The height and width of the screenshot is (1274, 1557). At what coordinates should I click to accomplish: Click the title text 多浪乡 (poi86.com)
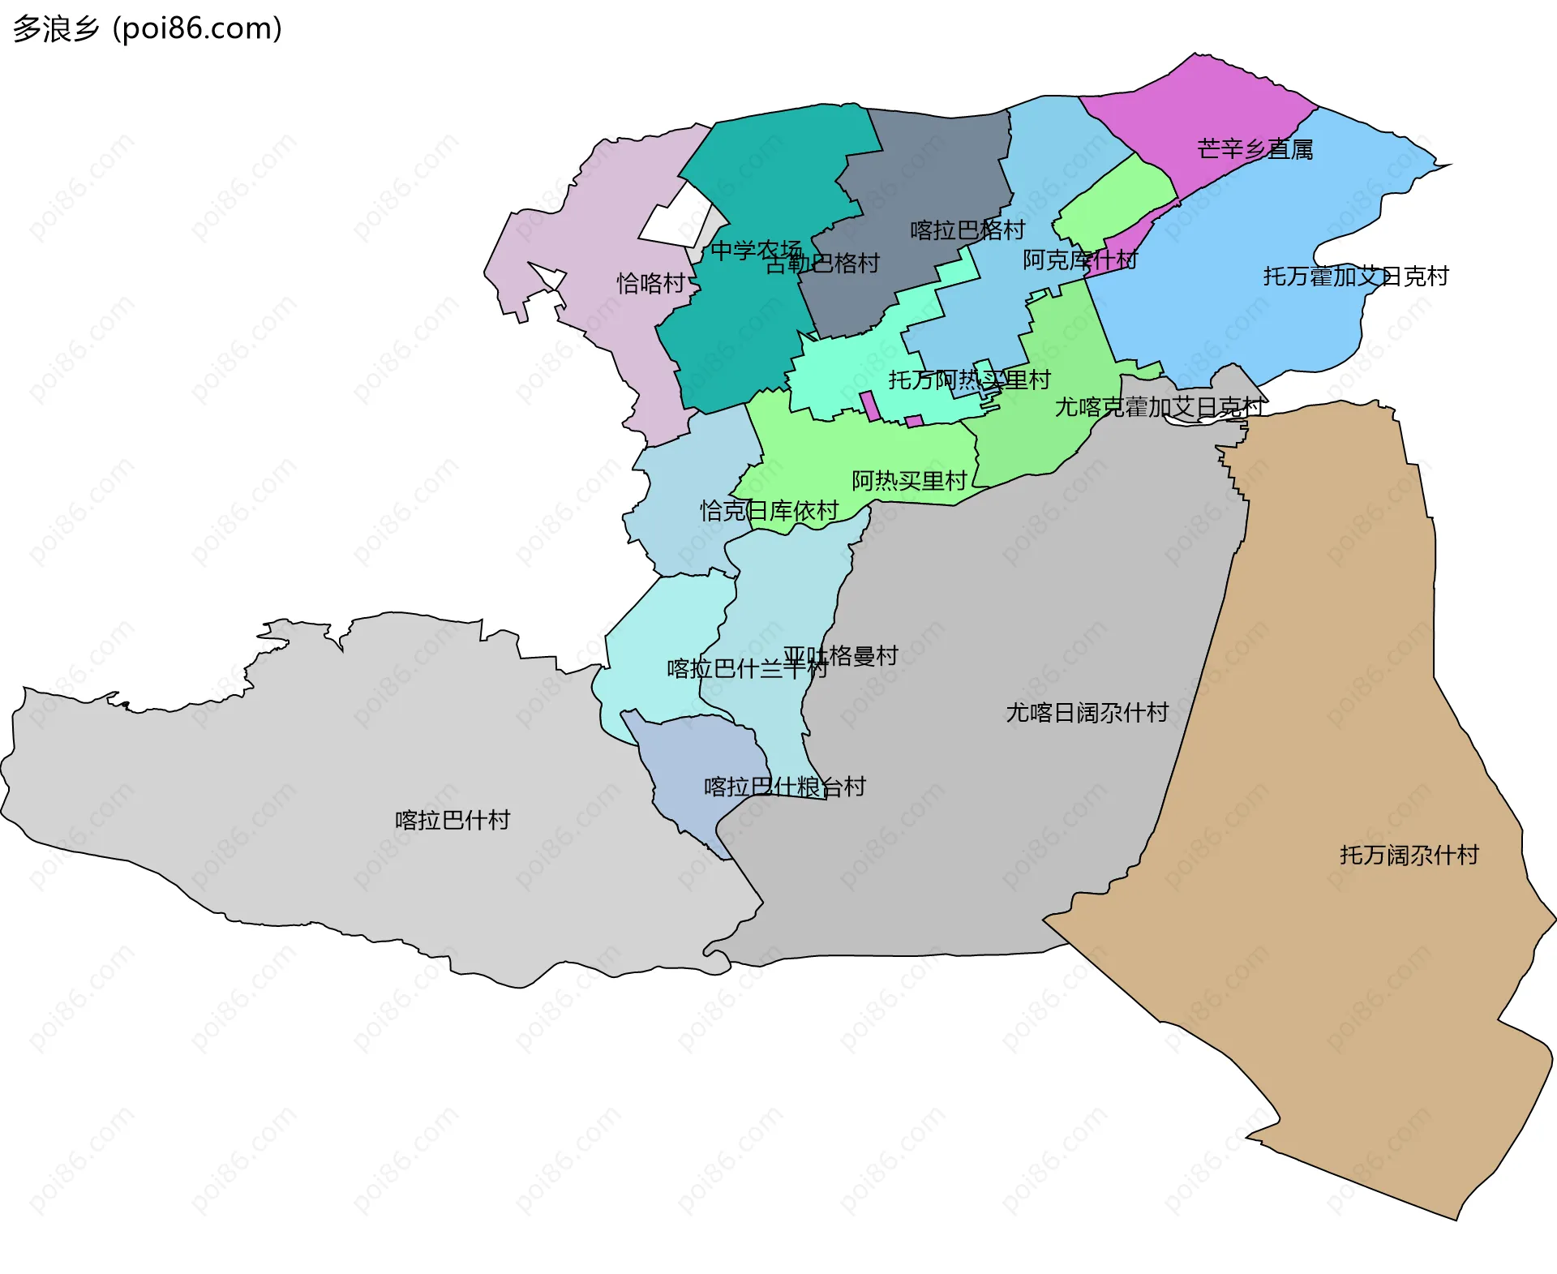148,28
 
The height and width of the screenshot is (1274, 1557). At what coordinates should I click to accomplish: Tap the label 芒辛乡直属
1255,149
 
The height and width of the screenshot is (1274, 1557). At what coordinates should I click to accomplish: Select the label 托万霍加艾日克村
1355,277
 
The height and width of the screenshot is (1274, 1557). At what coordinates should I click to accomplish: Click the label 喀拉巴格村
967,230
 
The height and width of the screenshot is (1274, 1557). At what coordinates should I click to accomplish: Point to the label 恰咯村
650,283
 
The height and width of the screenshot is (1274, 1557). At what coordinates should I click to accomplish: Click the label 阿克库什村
1079,260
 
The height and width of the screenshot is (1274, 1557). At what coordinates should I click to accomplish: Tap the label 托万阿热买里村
969,380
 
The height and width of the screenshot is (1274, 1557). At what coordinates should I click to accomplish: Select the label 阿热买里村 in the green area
909,481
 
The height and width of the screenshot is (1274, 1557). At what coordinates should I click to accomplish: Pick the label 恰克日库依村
769,511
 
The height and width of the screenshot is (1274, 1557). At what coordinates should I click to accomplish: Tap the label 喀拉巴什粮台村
784,787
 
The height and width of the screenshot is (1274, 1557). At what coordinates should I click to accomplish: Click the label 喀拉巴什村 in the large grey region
453,820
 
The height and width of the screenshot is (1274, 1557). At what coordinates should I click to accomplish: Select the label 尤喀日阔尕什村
1087,713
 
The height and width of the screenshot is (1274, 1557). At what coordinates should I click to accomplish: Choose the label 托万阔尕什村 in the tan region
1409,855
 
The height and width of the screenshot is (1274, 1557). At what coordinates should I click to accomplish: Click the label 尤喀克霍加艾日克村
1158,407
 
